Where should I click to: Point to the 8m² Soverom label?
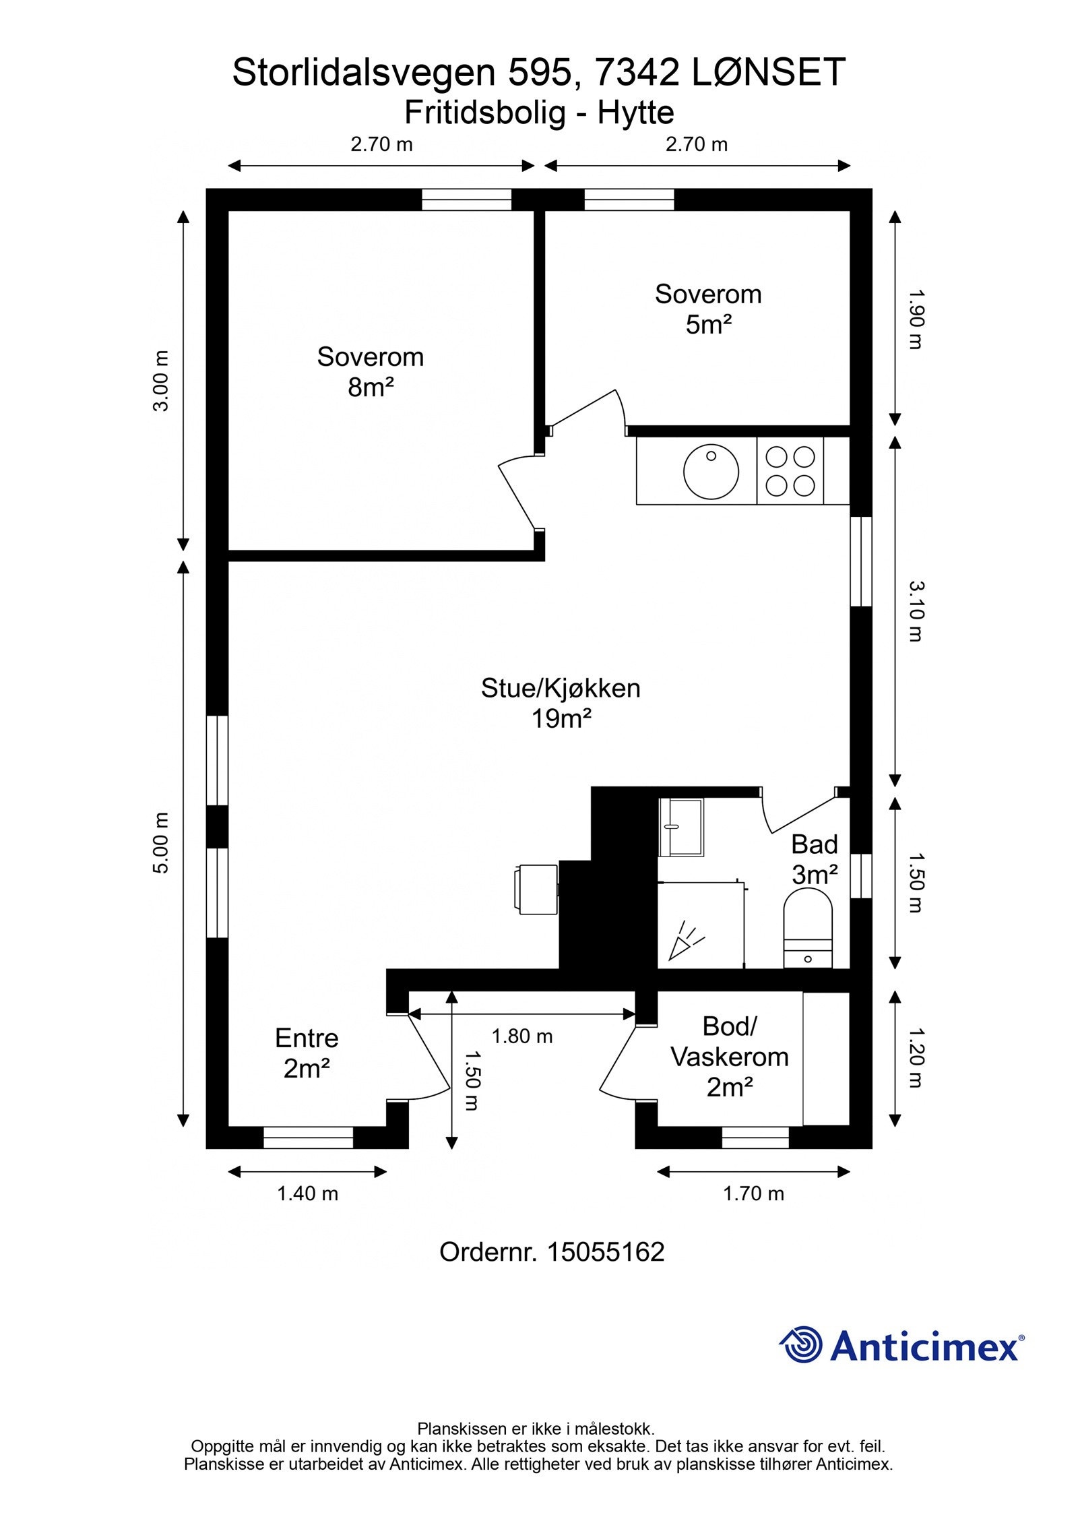pyautogui.click(x=370, y=372)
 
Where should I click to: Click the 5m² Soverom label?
pyautogui.click(x=707, y=309)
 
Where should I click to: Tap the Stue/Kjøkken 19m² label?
pyautogui.click(x=560, y=704)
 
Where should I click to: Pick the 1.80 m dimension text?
pyautogui.click(x=521, y=1036)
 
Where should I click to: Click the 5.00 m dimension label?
pyautogui.click(x=161, y=843)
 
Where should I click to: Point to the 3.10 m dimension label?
pyautogui.click(x=915, y=611)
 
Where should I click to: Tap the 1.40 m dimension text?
pyautogui.click(x=307, y=1193)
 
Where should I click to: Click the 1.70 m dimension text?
pyautogui.click(x=753, y=1193)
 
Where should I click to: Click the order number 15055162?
pyautogui.click(x=605, y=1252)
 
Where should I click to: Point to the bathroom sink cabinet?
pyautogui.click(x=680, y=827)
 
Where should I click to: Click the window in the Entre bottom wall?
pyautogui.click(x=308, y=1138)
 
